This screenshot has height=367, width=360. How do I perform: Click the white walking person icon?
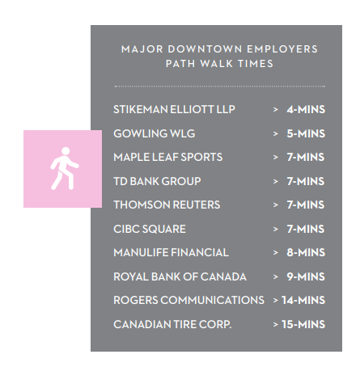pos(65,168)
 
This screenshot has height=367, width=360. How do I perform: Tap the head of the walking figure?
pos(66,151)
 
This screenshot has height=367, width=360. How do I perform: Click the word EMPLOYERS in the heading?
pos(282,49)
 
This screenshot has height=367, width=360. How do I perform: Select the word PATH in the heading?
pos(180,64)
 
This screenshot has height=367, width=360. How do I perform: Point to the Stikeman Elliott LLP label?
pos(174,109)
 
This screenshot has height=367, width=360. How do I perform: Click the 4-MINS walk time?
pos(306,109)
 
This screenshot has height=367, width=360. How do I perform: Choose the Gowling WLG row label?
pos(155,133)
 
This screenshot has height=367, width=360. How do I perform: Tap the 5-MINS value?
pos(306,133)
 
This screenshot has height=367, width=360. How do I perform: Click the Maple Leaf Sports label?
pos(168,157)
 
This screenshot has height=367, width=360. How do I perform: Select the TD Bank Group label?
pos(157,181)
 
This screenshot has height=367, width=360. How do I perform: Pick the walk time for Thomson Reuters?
pos(306,205)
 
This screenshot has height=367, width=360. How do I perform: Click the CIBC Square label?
pos(150,229)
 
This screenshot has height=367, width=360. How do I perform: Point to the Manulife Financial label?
pos(171,252)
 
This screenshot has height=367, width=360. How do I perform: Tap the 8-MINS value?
pos(306,252)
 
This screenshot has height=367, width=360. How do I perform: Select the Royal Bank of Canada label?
pos(180,276)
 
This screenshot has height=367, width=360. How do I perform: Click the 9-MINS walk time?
pos(306,276)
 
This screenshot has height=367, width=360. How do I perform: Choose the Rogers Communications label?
pos(188,300)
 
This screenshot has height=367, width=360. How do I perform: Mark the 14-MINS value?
pos(303,300)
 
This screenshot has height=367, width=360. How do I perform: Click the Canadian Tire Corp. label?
pos(172,324)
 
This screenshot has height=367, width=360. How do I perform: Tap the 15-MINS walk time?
pos(303,324)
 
